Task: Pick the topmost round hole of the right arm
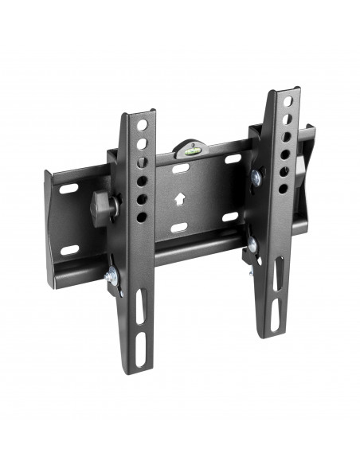tap(284, 104)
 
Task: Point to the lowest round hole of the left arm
tap(141, 217)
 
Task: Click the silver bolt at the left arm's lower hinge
tap(109, 276)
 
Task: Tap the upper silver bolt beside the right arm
tap(258, 178)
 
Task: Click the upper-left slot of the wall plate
tap(70, 190)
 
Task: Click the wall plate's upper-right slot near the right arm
tap(233, 158)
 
